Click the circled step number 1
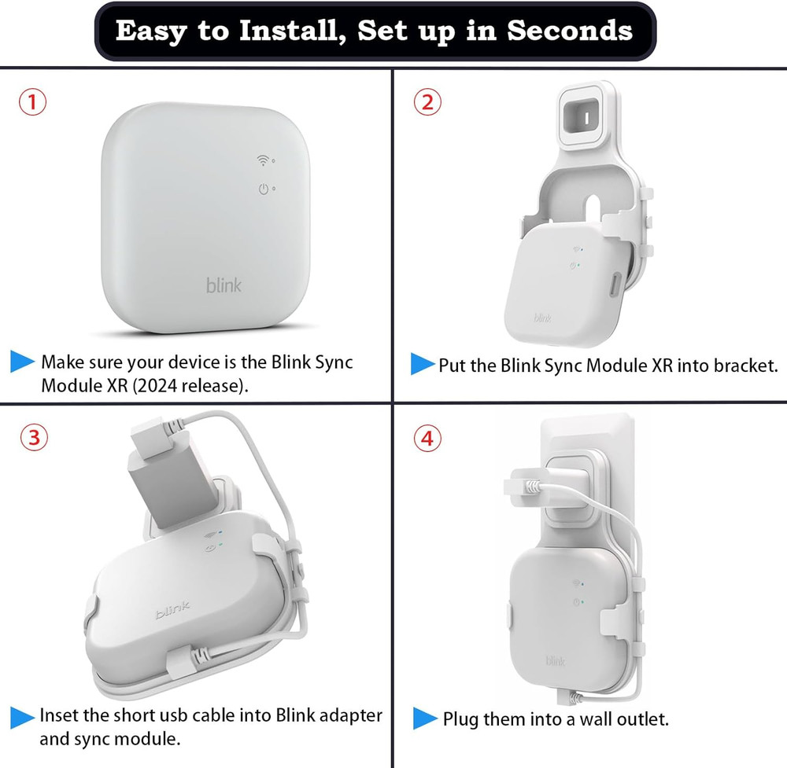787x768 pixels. click(x=32, y=103)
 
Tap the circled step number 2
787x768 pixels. click(x=427, y=103)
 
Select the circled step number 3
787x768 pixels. click(x=32, y=438)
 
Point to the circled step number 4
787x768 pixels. click(x=427, y=438)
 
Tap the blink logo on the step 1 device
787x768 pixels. click(x=224, y=285)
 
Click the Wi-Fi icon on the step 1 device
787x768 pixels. click(x=263, y=161)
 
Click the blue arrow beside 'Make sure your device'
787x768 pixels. click(x=22, y=362)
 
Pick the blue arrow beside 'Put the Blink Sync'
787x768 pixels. click(x=423, y=364)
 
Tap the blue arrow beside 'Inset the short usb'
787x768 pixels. click(x=22, y=716)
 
